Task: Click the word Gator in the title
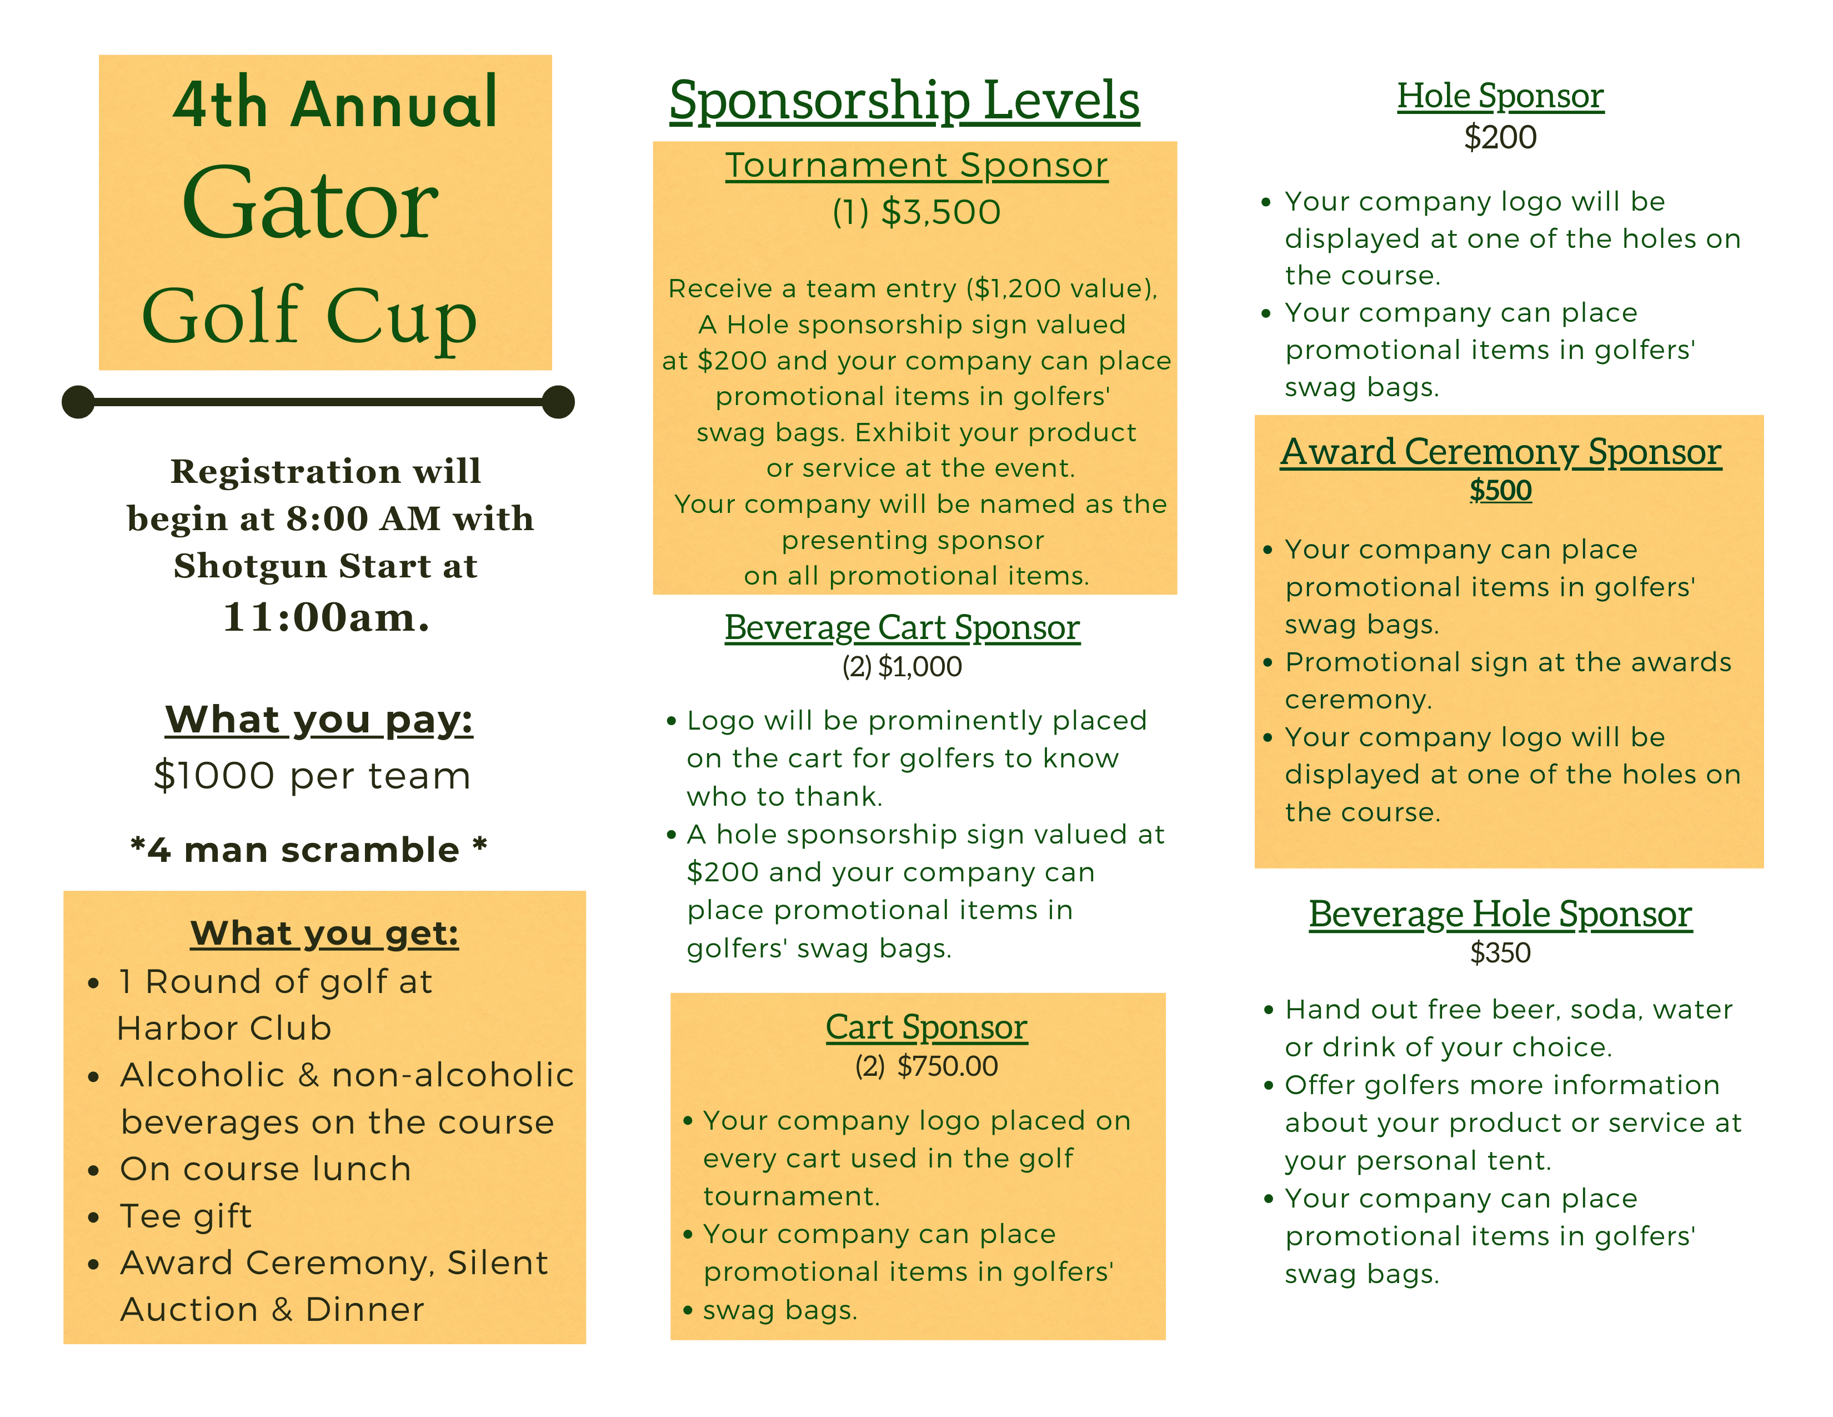pyautogui.click(x=310, y=204)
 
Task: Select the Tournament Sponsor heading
pyautogui.click(x=916, y=166)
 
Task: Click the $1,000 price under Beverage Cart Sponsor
pyautogui.click(x=919, y=666)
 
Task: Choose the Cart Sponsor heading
pyautogui.click(x=926, y=1027)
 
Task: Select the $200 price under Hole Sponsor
pyautogui.click(x=1500, y=137)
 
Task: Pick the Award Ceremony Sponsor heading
pyautogui.click(x=1501, y=452)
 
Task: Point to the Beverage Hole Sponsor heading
pyautogui.click(x=1500, y=914)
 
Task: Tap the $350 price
pyautogui.click(x=1500, y=953)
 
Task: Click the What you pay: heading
pyautogui.click(x=319, y=720)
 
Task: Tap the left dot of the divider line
pyautogui.click(x=78, y=402)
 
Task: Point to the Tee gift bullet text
pyautogui.click(x=186, y=1215)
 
